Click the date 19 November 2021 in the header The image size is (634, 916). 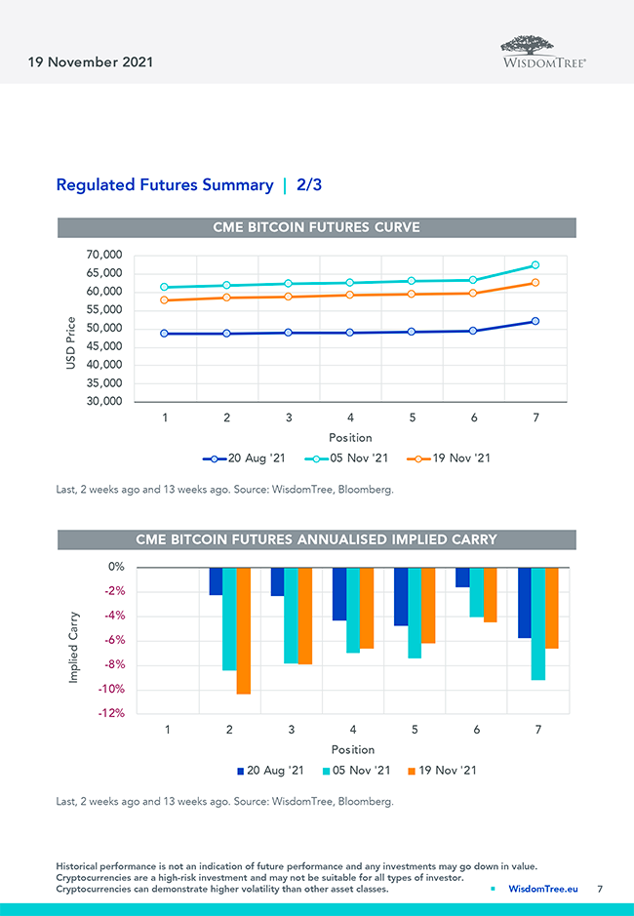[x=91, y=62]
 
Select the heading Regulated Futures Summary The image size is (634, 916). [x=165, y=184]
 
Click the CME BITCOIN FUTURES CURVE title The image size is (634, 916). [x=316, y=227]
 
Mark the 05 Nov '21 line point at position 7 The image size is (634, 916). [x=535, y=265]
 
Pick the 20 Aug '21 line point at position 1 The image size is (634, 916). [x=165, y=334]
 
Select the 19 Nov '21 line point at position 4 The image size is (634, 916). [x=350, y=295]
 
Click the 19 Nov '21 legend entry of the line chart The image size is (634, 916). [x=452, y=458]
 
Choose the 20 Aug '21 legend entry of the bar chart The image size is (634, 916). [x=270, y=771]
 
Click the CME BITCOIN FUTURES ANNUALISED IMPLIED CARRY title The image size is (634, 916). [x=316, y=539]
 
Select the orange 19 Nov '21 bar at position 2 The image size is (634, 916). [x=243, y=630]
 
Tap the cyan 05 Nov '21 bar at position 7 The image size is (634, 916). [x=538, y=623]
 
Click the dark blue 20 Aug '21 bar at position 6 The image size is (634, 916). [x=462, y=577]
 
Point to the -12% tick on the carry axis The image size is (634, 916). [x=110, y=713]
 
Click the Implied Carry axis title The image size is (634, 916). [x=74, y=647]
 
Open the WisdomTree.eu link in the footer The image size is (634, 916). [x=542, y=889]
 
